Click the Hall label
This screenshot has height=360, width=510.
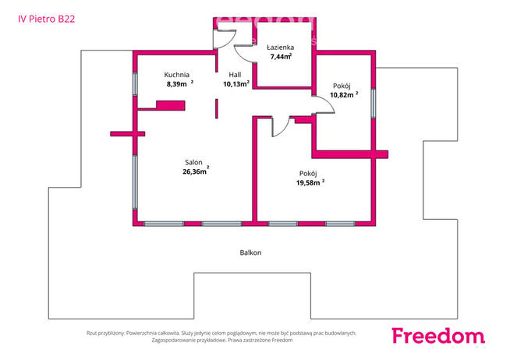pyautogui.click(x=235, y=74)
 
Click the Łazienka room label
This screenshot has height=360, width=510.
pyautogui.click(x=279, y=47)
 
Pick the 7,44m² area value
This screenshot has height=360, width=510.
pyautogui.click(x=280, y=57)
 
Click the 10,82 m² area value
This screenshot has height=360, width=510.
pyautogui.click(x=342, y=94)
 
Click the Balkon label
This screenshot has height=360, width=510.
pyautogui.click(x=250, y=252)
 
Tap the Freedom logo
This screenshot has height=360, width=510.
pyautogui.click(x=437, y=335)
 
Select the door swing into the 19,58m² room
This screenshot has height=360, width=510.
pyautogui.click(x=279, y=128)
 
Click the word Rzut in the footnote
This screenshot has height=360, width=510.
pyautogui.click(x=94, y=333)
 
